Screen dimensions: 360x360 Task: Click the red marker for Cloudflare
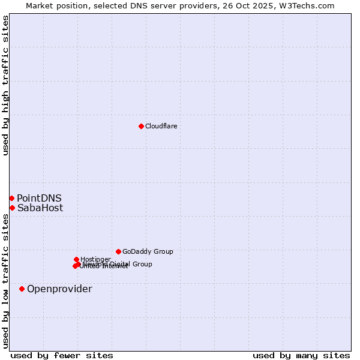[141, 126]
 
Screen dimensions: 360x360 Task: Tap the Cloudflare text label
[161, 126]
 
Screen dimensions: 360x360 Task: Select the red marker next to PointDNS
[11, 198]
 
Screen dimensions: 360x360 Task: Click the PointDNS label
[39, 199]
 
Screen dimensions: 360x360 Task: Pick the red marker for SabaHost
[12, 208]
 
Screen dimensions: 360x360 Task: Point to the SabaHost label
[40, 208]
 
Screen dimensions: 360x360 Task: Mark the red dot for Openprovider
[22, 289]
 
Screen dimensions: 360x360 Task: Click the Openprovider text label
[59, 289]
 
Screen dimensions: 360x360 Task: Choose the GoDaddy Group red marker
[118, 251]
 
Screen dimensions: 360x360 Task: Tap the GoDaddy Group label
[148, 251]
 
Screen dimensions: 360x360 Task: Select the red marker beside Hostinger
[76, 259]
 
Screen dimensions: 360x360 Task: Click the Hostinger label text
[95, 259]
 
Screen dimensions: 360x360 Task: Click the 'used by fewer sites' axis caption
[62, 355]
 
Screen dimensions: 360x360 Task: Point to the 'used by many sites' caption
[301, 355]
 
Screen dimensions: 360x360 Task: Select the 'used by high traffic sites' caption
[5, 86]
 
